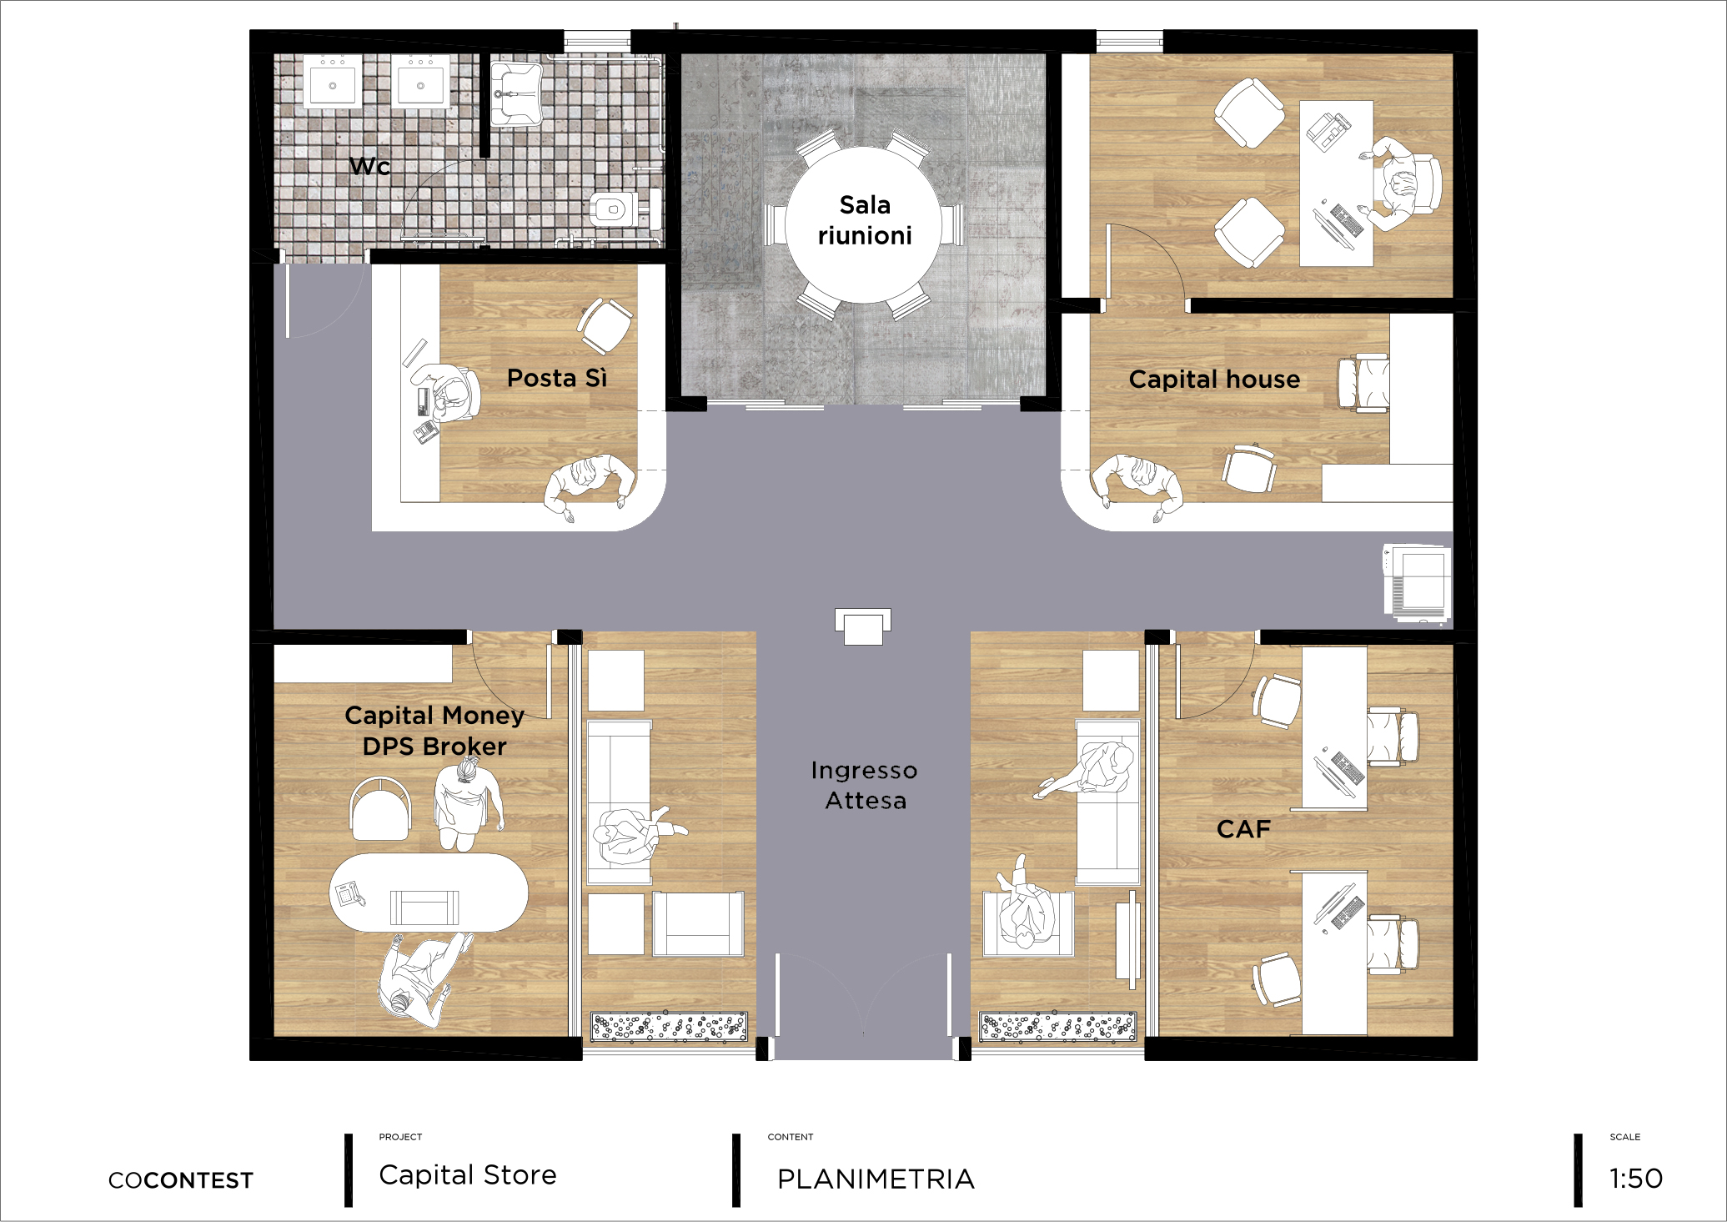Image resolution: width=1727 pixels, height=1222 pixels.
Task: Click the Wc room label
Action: point(369,166)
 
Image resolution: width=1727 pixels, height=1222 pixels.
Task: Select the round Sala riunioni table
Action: point(865,225)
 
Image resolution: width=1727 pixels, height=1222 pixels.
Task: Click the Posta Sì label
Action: point(557,379)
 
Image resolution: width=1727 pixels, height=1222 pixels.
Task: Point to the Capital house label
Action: point(1214,380)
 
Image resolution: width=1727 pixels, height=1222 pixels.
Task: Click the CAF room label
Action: point(1243,829)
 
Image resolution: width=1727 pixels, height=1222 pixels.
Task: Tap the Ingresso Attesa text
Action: point(865,785)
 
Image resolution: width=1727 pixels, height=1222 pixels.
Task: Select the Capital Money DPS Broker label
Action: point(434,731)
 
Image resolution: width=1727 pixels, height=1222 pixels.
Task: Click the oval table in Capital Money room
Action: point(429,892)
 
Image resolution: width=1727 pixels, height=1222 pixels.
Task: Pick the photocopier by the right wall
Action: point(1418,583)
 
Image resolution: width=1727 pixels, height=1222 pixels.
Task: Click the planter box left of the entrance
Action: point(670,1027)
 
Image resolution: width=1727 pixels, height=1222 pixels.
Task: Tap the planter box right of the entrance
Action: point(1057,1027)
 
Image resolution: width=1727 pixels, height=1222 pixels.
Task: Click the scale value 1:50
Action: point(1636,1179)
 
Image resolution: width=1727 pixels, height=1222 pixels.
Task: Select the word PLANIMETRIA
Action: point(876,1179)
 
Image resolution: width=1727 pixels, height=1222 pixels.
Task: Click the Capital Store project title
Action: point(468,1175)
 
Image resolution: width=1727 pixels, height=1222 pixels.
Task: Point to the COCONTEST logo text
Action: point(181,1180)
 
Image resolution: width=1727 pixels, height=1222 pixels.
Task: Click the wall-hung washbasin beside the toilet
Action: point(516,93)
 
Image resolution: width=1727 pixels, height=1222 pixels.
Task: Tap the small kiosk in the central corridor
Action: point(863,626)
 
